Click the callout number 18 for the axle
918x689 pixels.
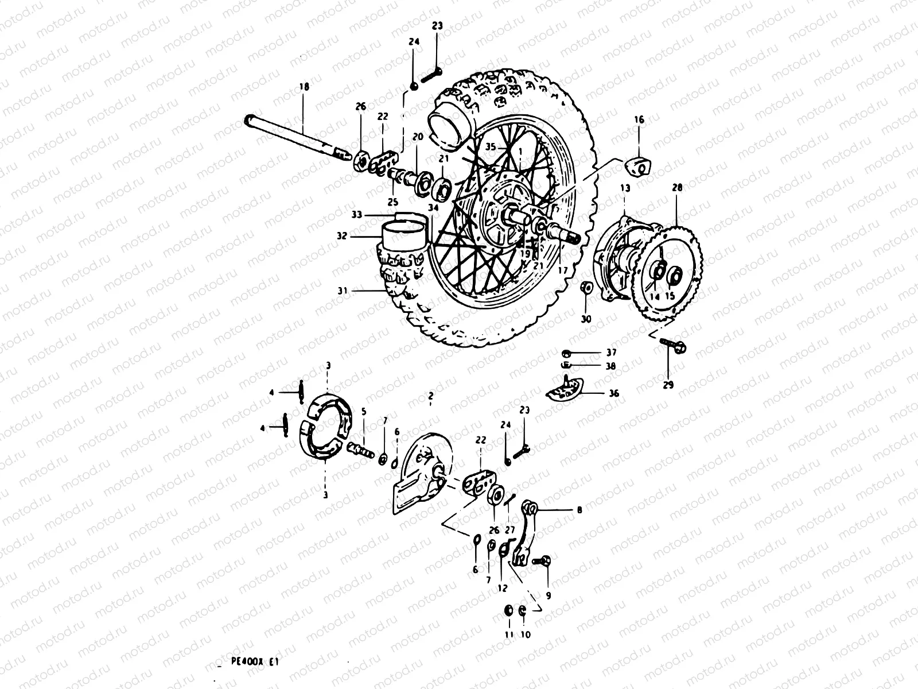click(x=304, y=87)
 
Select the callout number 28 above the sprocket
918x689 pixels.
click(x=677, y=188)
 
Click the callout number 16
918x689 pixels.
click(x=639, y=120)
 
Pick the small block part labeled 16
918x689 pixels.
click(x=639, y=166)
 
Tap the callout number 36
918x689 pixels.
click(x=614, y=393)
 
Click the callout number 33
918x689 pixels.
click(x=357, y=215)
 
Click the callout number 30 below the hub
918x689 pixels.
click(x=585, y=318)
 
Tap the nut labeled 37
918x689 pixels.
click(x=566, y=353)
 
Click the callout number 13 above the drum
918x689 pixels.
click(x=625, y=188)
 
